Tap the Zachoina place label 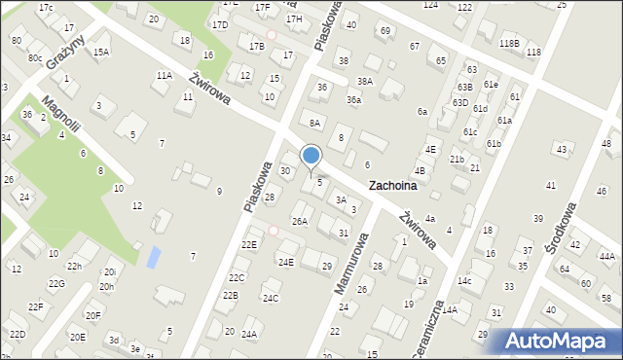(392, 185)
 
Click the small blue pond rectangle (154, 257)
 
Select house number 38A (365, 81)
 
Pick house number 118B (509, 44)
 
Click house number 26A (300, 221)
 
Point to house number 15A (101, 52)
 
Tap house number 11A (164, 74)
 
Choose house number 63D (461, 102)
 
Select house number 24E (285, 262)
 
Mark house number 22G (55, 283)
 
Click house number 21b (457, 158)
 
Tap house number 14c (464, 280)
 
